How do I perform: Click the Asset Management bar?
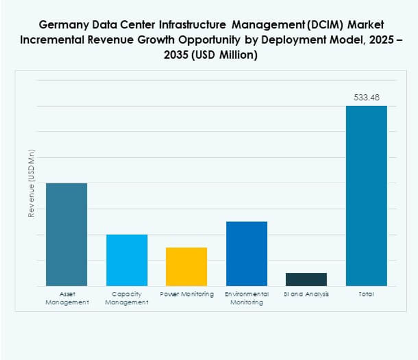coord(66,234)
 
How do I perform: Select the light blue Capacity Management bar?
coord(127,260)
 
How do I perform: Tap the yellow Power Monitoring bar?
coord(186,266)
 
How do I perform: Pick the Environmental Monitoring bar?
coord(247,253)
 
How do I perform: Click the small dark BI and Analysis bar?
coord(306,279)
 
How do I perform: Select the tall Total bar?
coord(366,196)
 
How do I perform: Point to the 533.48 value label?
coord(366,97)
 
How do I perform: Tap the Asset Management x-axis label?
coord(66,298)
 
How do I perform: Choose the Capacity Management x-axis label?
coord(127,298)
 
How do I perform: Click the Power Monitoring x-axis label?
coord(187,294)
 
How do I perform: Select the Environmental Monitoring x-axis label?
coord(247,298)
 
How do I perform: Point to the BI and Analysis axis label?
coord(306,294)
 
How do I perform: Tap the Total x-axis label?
coord(366,294)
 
